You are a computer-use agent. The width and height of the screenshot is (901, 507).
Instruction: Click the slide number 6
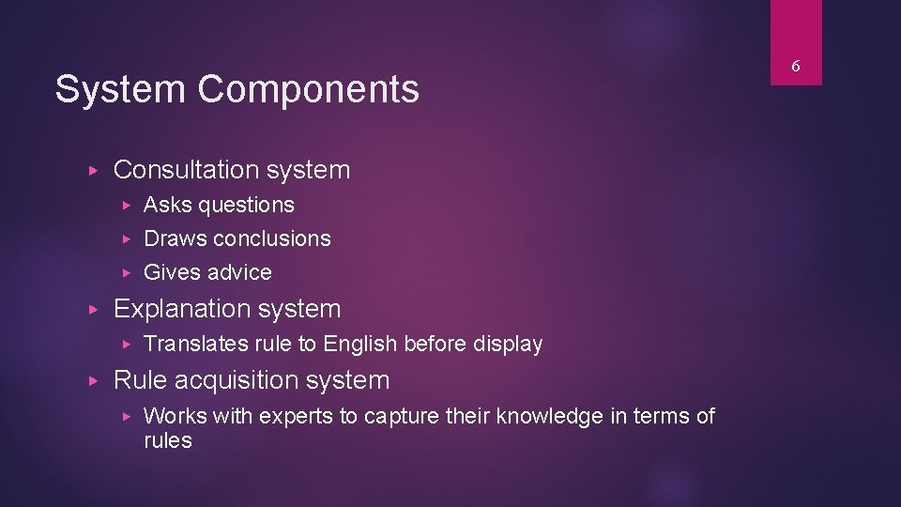pyautogui.click(x=795, y=66)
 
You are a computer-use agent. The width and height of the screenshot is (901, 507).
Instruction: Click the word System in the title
pyautogui.click(x=120, y=90)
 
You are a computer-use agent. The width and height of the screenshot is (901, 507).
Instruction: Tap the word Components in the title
pyautogui.click(x=308, y=90)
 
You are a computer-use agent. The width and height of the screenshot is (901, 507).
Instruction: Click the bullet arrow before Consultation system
pyautogui.click(x=91, y=170)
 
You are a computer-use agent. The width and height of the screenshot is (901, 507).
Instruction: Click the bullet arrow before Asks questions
pyautogui.click(x=128, y=205)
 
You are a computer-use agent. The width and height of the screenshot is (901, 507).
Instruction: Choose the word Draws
pyautogui.click(x=175, y=238)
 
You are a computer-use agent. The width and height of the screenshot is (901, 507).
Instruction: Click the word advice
pyautogui.click(x=239, y=272)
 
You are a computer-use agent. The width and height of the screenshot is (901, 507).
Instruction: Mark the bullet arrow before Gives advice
pyautogui.click(x=128, y=272)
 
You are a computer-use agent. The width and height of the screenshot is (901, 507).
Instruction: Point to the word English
pyautogui.click(x=359, y=345)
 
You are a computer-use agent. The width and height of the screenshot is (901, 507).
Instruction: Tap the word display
pyautogui.click(x=507, y=345)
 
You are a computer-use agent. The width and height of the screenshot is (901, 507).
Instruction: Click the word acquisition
pyautogui.click(x=239, y=380)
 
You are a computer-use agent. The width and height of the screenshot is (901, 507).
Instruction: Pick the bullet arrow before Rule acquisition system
pyautogui.click(x=91, y=380)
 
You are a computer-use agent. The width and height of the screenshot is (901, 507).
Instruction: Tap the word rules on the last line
pyautogui.click(x=167, y=440)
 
